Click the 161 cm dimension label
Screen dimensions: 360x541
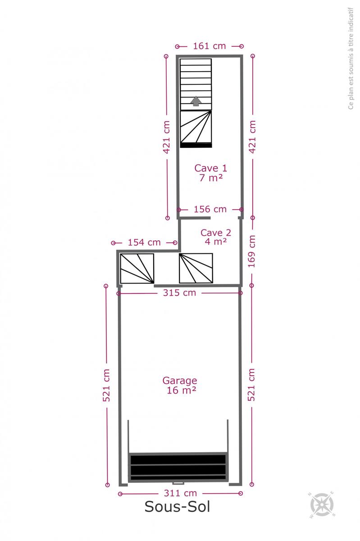click(210, 46)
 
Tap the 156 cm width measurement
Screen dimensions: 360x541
click(210, 209)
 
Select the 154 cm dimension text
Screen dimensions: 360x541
click(144, 242)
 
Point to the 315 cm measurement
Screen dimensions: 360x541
click(179, 293)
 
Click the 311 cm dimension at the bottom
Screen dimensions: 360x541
click(180, 493)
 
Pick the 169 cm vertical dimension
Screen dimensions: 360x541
click(251, 252)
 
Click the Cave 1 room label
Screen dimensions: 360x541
click(211, 168)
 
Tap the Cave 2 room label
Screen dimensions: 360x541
click(216, 233)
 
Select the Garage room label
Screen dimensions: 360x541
click(180, 381)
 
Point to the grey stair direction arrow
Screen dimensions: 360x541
click(196, 101)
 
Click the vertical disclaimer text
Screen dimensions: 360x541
click(351, 58)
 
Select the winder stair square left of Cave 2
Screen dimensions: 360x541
click(137, 268)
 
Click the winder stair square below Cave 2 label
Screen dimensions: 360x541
click(196, 268)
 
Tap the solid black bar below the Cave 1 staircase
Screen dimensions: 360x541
click(196, 145)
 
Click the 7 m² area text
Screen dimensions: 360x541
click(211, 178)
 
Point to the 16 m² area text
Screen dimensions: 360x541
click(181, 390)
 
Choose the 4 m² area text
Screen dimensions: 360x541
click(216, 241)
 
